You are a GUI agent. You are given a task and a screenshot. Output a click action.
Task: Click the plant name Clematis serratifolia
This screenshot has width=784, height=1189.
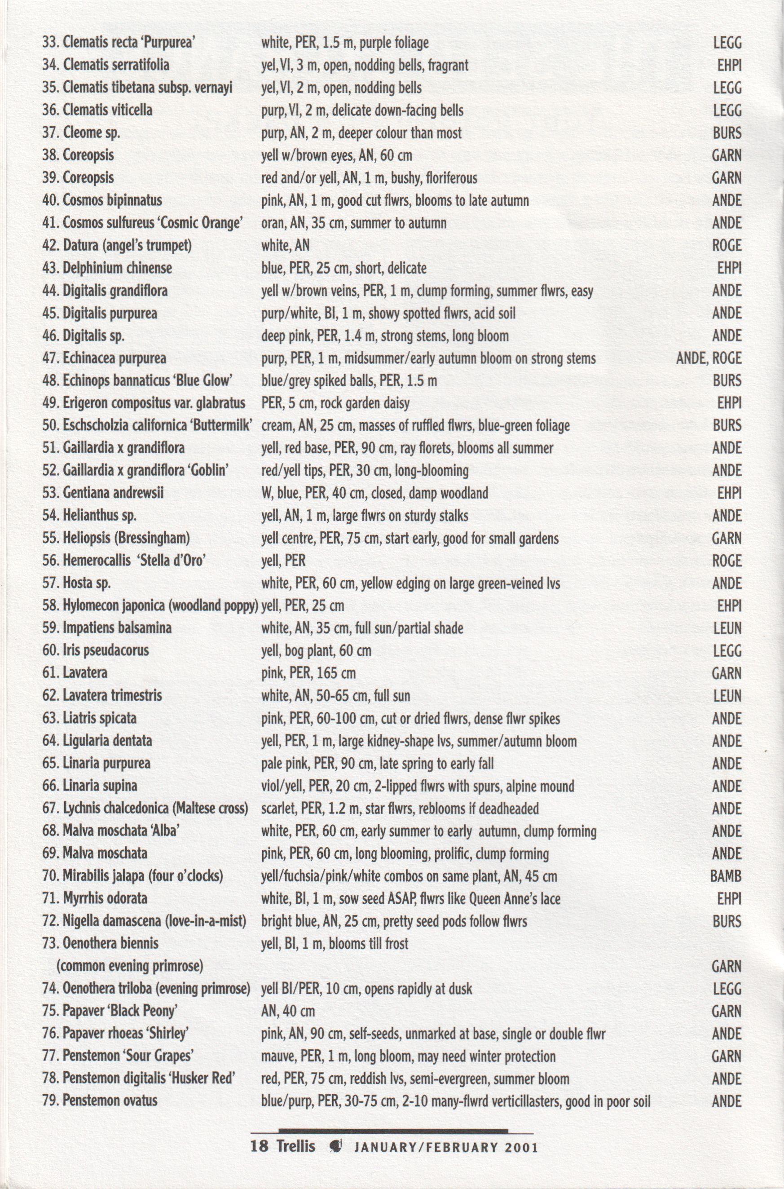[116, 65]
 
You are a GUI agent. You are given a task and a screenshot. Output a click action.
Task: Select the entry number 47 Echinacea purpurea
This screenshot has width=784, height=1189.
[104, 358]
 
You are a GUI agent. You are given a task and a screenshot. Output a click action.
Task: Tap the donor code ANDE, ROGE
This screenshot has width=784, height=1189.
[709, 358]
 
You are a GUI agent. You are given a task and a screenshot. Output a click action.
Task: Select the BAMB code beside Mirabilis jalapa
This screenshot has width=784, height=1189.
[726, 876]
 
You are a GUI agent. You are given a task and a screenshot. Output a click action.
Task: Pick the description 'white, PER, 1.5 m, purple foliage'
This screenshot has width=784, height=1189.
[345, 43]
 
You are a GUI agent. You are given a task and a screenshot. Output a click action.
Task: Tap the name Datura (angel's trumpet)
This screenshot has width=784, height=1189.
[117, 246]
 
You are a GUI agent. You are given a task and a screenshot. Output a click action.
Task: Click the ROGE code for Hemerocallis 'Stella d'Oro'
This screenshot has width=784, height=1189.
[727, 561]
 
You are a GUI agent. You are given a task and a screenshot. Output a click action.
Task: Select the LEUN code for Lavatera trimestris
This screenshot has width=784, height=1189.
[727, 696]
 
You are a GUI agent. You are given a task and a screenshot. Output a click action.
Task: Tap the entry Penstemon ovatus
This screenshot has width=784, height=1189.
[100, 1101]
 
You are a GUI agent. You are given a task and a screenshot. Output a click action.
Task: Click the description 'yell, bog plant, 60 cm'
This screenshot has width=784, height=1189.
[316, 651]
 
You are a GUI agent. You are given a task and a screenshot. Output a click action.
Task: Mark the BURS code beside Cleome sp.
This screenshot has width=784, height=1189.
[727, 133]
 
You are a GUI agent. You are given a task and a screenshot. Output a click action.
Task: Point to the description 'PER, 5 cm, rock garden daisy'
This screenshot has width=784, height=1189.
[335, 404]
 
